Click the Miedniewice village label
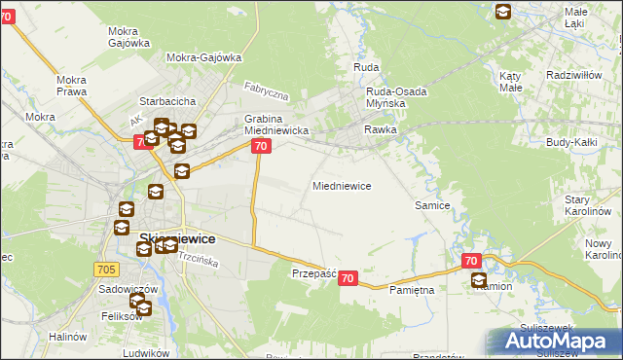pos(341,185)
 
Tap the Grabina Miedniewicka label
pos(275,125)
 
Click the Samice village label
pos(432,205)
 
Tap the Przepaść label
pos(313,274)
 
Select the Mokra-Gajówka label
pos(203,57)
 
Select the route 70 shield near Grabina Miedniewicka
pos(260,146)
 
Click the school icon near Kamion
pos(479,281)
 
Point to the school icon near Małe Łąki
pos(503,12)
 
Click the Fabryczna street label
pos(266,93)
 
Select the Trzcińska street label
pos(198,259)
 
